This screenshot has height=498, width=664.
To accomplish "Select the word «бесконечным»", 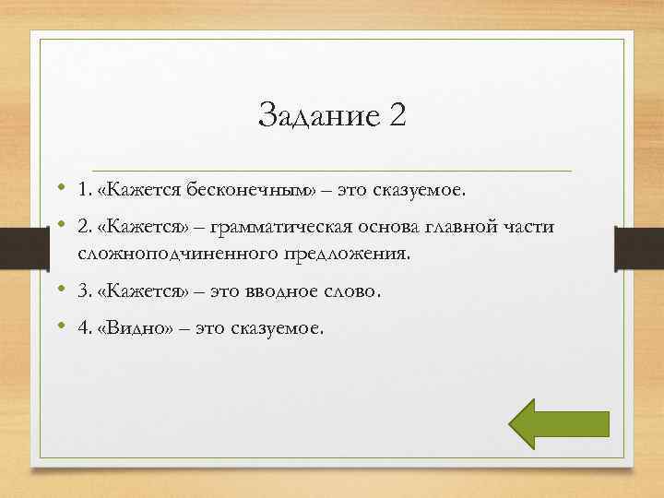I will (x=252, y=190).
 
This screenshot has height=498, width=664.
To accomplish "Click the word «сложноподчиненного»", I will (x=172, y=253).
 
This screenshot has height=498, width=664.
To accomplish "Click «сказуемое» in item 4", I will (x=277, y=328).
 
